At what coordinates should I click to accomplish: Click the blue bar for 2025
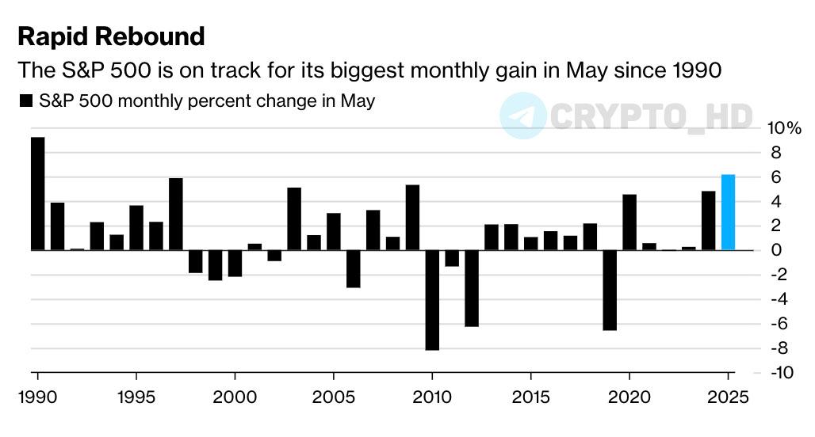[x=729, y=212]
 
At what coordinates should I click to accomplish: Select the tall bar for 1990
[x=37, y=194]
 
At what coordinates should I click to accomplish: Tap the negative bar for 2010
[x=432, y=300]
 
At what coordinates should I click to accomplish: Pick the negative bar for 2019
[x=610, y=290]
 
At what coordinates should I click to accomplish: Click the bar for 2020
[x=629, y=222]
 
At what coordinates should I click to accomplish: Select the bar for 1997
[x=176, y=215]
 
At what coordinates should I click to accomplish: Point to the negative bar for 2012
[x=472, y=288]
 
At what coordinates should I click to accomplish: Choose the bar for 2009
[x=412, y=218]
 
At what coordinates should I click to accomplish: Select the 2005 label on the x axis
[x=333, y=396]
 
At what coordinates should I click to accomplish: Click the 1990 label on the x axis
[x=37, y=396]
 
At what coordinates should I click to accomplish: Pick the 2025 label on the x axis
[x=729, y=396]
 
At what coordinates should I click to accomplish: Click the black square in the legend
[x=26, y=101]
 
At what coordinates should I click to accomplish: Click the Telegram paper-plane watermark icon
[x=522, y=116]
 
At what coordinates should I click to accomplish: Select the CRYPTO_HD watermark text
[x=650, y=116]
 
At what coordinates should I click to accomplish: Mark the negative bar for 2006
[x=354, y=269]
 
